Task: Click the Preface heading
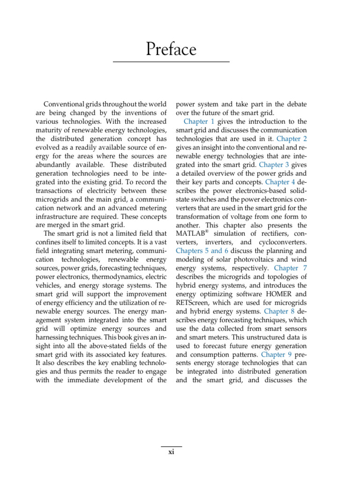tap(171, 49)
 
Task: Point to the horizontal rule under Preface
tap(171, 62)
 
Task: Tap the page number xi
tap(171, 453)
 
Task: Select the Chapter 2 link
tap(292, 138)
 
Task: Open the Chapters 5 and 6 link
tap(202, 251)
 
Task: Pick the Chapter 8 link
tap(280, 311)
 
